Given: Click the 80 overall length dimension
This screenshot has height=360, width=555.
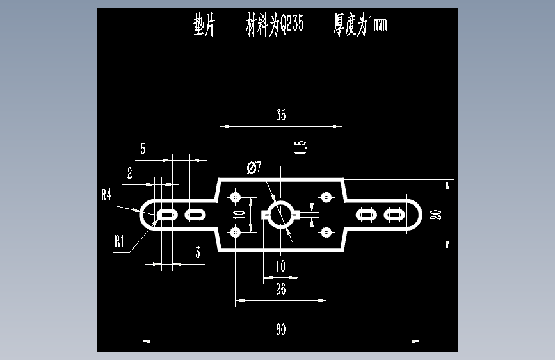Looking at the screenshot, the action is click(280, 329).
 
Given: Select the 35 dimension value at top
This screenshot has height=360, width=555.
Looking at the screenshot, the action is click(280, 115).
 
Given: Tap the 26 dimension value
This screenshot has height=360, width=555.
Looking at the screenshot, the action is click(280, 289).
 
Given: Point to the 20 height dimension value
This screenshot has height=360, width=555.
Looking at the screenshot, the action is click(435, 215).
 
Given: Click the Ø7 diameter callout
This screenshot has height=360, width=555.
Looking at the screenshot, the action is click(254, 167).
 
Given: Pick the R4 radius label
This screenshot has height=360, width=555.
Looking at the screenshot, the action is click(106, 195).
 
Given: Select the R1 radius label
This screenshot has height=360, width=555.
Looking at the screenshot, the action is click(119, 241).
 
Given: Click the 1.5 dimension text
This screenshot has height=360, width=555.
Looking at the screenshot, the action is click(300, 147).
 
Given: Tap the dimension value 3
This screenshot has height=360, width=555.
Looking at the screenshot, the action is click(198, 252).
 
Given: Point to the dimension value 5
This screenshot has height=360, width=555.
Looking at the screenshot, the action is click(143, 149).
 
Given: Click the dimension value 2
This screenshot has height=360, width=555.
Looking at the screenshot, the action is click(129, 173).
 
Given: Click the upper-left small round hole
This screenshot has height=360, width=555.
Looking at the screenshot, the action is click(236, 197).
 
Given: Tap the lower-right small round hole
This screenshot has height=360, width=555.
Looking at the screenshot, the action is click(326, 233).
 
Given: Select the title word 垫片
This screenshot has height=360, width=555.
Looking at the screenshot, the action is click(204, 24).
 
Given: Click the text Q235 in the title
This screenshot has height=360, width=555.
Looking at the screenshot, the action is click(293, 24).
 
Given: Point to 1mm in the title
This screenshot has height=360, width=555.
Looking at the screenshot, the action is click(378, 24).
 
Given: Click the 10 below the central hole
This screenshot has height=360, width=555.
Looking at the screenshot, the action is click(280, 266).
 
